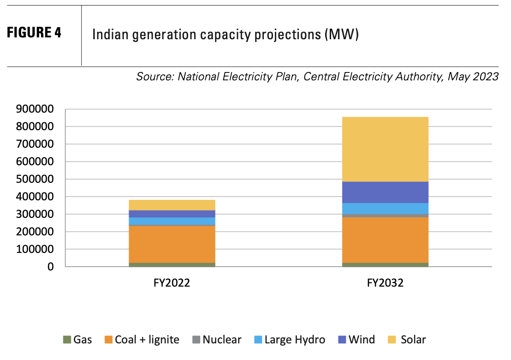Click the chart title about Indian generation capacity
[226, 35]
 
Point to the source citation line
[317, 76]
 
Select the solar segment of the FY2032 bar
[385, 149]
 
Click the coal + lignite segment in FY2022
[172, 244]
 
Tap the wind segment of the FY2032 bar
[385, 192]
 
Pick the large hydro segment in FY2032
[385, 208]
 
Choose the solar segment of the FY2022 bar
[172, 205]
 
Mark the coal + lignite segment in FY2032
[385, 240]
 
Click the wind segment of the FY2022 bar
[172, 214]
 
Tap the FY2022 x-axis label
[172, 283]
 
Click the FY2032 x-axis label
[385, 283]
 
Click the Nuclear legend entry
[217, 340]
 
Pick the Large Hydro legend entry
[289, 340]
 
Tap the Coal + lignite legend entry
[142, 340]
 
